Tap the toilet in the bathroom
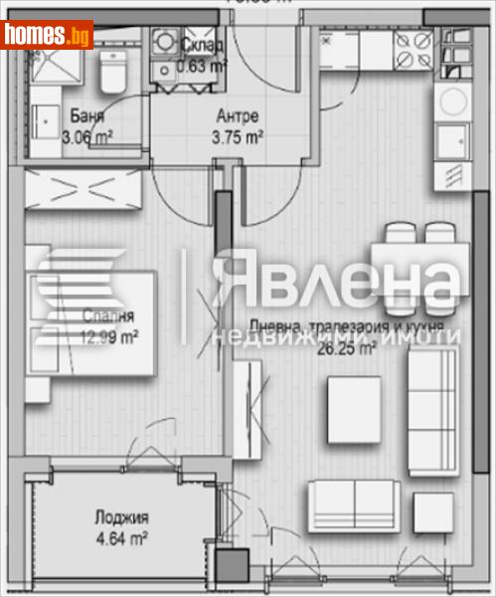click(x=111, y=72)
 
